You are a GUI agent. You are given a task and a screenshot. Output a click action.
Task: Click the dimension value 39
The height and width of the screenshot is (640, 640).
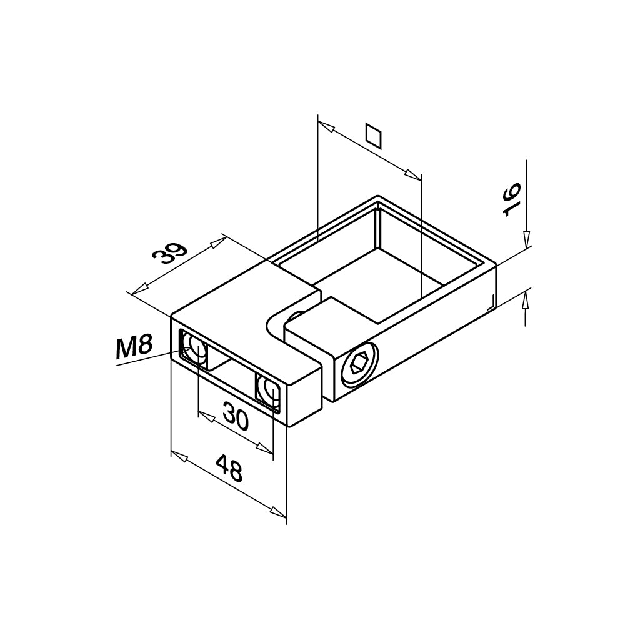pyautogui.click(x=169, y=254)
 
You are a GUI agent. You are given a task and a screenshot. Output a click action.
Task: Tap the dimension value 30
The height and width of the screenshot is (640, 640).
pyautogui.click(x=236, y=416)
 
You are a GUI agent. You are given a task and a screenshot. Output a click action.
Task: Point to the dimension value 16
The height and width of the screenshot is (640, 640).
pyautogui.click(x=511, y=199)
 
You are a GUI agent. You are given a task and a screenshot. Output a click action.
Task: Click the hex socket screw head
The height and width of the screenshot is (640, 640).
pyautogui.click(x=359, y=363)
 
